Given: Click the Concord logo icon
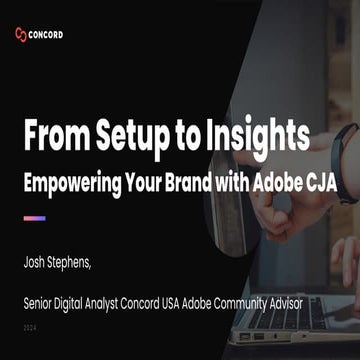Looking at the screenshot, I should (23, 34).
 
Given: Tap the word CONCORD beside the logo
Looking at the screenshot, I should (47, 34).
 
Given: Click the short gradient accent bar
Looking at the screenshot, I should (34, 217).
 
